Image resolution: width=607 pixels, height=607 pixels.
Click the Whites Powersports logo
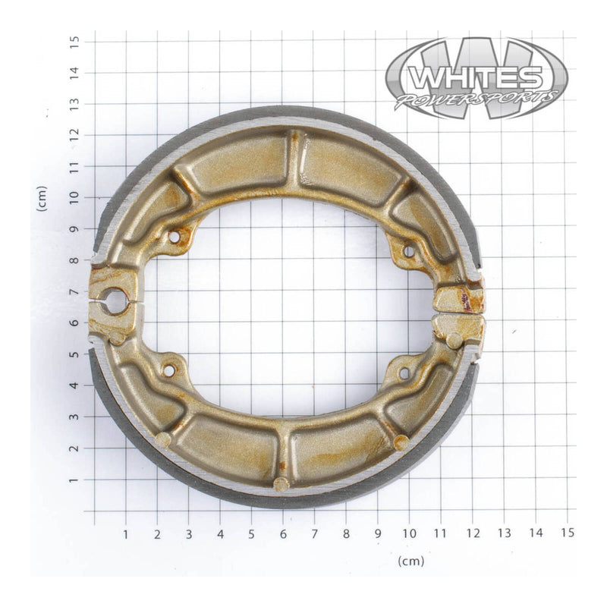click(x=476, y=78)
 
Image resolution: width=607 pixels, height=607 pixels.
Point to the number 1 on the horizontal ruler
click(x=126, y=534)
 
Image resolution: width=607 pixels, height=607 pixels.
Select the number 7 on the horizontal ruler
click(x=314, y=534)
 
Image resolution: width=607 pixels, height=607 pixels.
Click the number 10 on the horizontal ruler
click(x=409, y=534)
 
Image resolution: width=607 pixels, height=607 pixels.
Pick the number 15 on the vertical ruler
click(x=74, y=40)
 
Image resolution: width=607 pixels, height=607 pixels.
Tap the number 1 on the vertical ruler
click(x=74, y=480)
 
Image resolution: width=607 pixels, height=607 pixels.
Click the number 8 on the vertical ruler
click(x=74, y=259)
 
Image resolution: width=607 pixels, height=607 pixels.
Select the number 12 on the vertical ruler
click(x=74, y=134)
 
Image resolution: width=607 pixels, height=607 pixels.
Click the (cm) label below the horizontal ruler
click(x=410, y=561)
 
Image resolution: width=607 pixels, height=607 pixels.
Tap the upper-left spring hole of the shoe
click(x=175, y=237)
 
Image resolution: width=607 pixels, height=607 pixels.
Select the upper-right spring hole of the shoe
click(x=407, y=250)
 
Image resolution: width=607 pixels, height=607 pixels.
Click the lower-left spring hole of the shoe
click(x=168, y=370)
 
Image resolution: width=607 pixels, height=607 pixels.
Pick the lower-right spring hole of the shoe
click(x=404, y=373)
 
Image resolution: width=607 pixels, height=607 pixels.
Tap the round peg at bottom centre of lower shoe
click(x=281, y=484)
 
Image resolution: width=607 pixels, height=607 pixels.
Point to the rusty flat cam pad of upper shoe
click(x=459, y=298)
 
